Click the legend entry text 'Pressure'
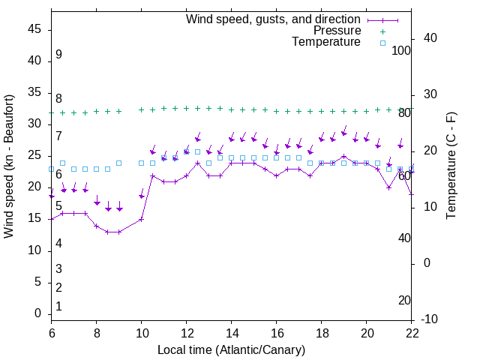tap(337, 31)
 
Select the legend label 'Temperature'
tap(326, 42)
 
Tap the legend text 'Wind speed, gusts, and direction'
tap(273, 19)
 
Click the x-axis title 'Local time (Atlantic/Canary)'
tap(231, 349)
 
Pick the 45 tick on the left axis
tap(34, 29)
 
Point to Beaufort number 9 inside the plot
tap(58, 55)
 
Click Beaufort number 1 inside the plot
tap(58, 307)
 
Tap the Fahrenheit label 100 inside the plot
tap(401, 50)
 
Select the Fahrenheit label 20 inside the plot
tap(404, 301)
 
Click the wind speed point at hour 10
tap(141, 220)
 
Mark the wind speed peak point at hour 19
tap(344, 157)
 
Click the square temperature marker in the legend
tap(382, 43)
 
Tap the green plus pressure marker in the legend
tap(382, 31)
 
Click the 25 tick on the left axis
tap(34, 156)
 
